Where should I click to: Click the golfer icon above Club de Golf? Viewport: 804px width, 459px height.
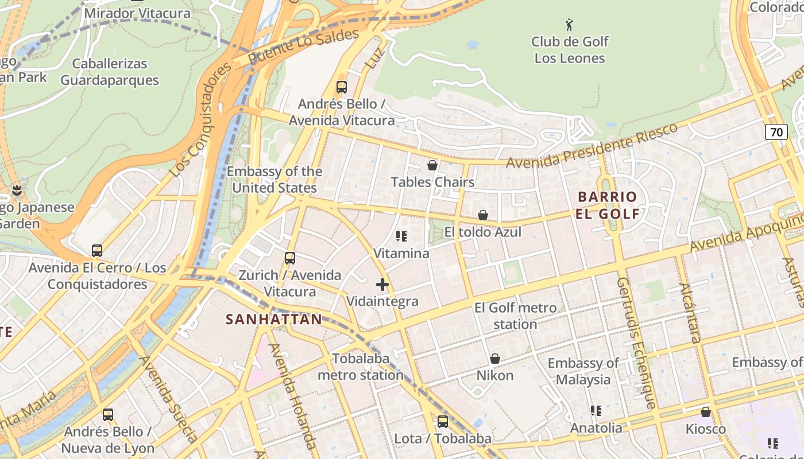pyautogui.click(x=569, y=25)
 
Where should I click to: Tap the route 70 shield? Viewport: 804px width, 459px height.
pyautogui.click(x=776, y=132)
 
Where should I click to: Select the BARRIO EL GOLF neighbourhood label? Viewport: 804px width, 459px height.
pyautogui.click(x=608, y=205)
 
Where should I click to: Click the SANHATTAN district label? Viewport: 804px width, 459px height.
pyautogui.click(x=273, y=319)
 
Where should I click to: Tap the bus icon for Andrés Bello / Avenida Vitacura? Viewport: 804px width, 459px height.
pyautogui.click(x=342, y=87)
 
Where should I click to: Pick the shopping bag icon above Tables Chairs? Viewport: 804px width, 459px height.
pyautogui.click(x=432, y=165)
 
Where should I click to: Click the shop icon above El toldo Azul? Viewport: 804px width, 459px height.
pyautogui.click(x=483, y=215)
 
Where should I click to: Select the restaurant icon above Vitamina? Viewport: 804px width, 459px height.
pyautogui.click(x=401, y=236)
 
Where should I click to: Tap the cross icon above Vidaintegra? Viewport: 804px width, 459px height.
pyautogui.click(x=382, y=285)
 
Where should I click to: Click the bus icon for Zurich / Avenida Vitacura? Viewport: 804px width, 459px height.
pyautogui.click(x=290, y=258)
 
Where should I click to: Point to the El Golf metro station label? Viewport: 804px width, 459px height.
pyautogui.click(x=515, y=316)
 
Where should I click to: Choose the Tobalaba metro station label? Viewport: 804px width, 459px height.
pyautogui.click(x=361, y=367)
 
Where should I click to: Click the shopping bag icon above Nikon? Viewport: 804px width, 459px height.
pyautogui.click(x=494, y=359)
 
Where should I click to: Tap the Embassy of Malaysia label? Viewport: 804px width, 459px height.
pyautogui.click(x=583, y=371)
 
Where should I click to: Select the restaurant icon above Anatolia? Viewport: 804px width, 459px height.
pyautogui.click(x=596, y=411)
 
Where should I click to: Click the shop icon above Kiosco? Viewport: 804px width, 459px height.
pyautogui.click(x=706, y=412)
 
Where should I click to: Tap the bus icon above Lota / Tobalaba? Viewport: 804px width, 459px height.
pyautogui.click(x=443, y=422)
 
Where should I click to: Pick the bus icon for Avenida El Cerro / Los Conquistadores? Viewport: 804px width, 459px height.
pyautogui.click(x=97, y=251)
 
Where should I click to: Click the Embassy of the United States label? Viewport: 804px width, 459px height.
pyautogui.click(x=275, y=180)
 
